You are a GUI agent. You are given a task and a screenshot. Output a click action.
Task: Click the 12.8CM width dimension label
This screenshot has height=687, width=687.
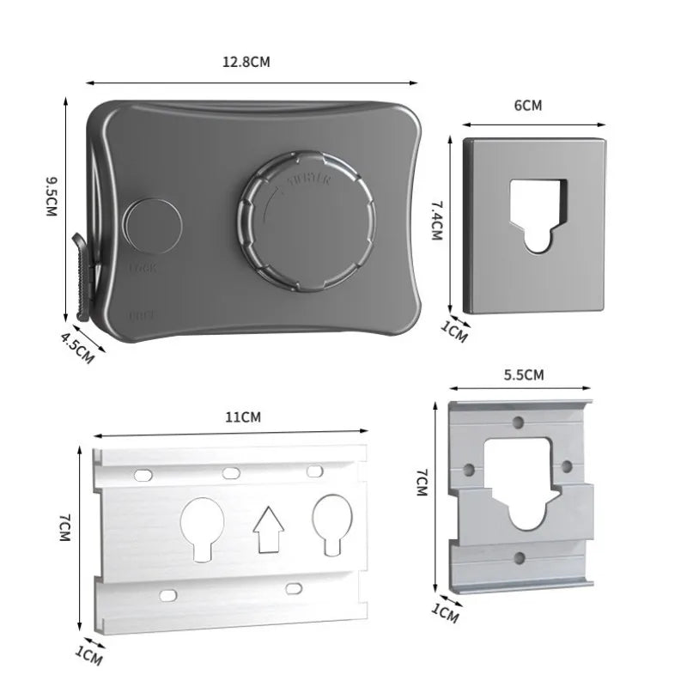point(247,63)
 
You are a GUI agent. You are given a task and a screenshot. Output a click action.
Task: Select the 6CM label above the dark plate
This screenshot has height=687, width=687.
point(527,106)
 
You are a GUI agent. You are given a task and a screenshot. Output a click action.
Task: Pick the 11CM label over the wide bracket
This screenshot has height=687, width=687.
point(243,418)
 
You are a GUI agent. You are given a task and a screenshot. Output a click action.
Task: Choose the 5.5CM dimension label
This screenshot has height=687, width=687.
point(522,374)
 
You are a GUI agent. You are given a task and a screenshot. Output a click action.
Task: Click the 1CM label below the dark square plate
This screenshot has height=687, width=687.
point(454,331)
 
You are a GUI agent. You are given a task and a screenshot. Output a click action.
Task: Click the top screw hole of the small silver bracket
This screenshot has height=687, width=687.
point(518,423)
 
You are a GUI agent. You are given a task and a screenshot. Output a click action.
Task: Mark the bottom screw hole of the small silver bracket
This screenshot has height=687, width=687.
point(518,558)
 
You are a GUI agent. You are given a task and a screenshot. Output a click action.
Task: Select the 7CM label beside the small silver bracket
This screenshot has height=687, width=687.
point(421,485)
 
